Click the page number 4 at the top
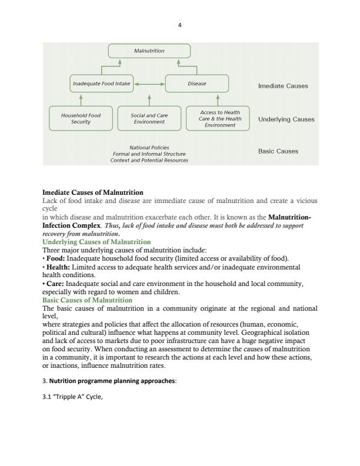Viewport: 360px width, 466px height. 181,25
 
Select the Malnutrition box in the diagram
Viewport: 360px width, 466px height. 149,51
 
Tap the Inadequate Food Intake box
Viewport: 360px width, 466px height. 101,84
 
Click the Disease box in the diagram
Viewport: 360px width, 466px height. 197,84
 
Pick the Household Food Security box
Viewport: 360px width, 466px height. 77,118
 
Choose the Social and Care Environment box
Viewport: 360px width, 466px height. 149,118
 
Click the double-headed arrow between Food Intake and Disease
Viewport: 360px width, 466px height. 149,84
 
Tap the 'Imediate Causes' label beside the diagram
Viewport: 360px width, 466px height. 283,86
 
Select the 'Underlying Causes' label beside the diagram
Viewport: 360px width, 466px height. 286,119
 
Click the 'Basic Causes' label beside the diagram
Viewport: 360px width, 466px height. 278,151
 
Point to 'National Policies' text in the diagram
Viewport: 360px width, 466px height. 149,147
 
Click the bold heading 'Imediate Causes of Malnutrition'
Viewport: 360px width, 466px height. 93,192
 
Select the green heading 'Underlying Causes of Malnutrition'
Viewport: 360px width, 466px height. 96,242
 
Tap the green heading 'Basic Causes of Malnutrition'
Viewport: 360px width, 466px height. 88,300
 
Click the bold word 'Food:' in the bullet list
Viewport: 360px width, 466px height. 56,258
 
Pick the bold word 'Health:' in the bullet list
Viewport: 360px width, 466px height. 58,267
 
